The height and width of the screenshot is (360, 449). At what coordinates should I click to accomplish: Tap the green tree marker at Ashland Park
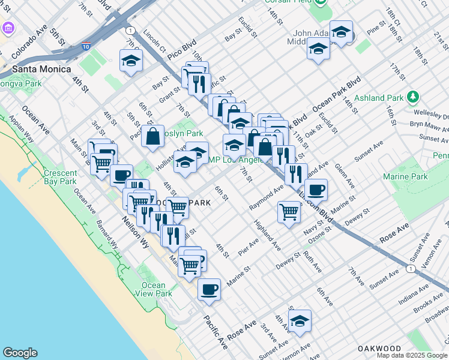click(x=412, y=97)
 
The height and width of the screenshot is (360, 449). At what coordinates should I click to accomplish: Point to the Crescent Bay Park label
click(x=60, y=177)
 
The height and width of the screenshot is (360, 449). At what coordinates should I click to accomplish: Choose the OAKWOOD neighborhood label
click(x=379, y=348)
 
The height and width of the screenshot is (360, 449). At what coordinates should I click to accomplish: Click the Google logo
click(x=20, y=353)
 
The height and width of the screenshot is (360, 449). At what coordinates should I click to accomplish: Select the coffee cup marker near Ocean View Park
click(x=209, y=290)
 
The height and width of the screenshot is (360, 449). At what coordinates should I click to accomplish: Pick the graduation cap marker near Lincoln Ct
click(x=131, y=61)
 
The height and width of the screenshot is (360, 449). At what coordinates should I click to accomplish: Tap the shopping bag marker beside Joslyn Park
click(x=153, y=136)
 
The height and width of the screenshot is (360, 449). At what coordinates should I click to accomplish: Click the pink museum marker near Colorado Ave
click(x=8, y=28)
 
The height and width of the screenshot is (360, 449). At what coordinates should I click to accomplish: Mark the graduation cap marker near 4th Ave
click(x=300, y=321)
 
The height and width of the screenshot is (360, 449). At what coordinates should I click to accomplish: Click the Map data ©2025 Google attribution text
click(x=412, y=355)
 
